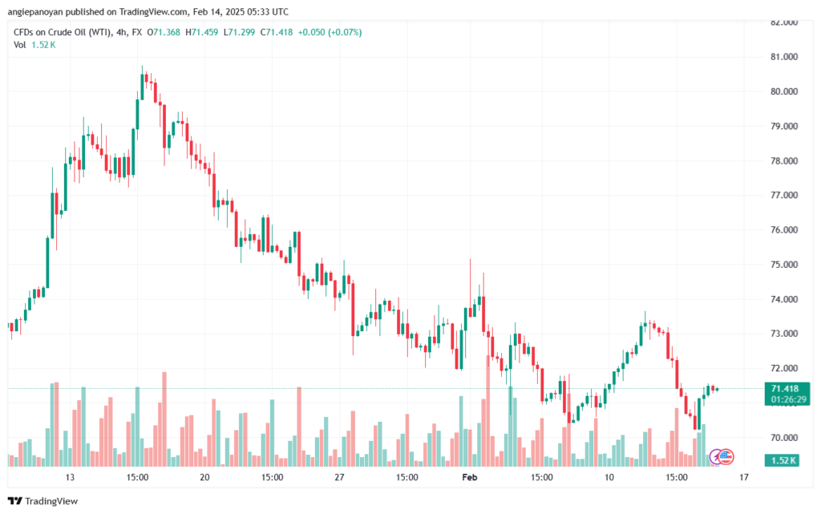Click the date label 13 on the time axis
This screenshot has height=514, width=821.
click(71, 478)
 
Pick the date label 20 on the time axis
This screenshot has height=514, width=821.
click(205, 478)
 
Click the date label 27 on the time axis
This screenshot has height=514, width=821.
click(339, 478)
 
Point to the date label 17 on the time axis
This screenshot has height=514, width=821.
click(743, 478)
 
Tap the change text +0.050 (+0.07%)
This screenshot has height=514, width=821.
click(329, 32)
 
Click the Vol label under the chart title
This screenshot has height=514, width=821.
click(20, 45)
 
